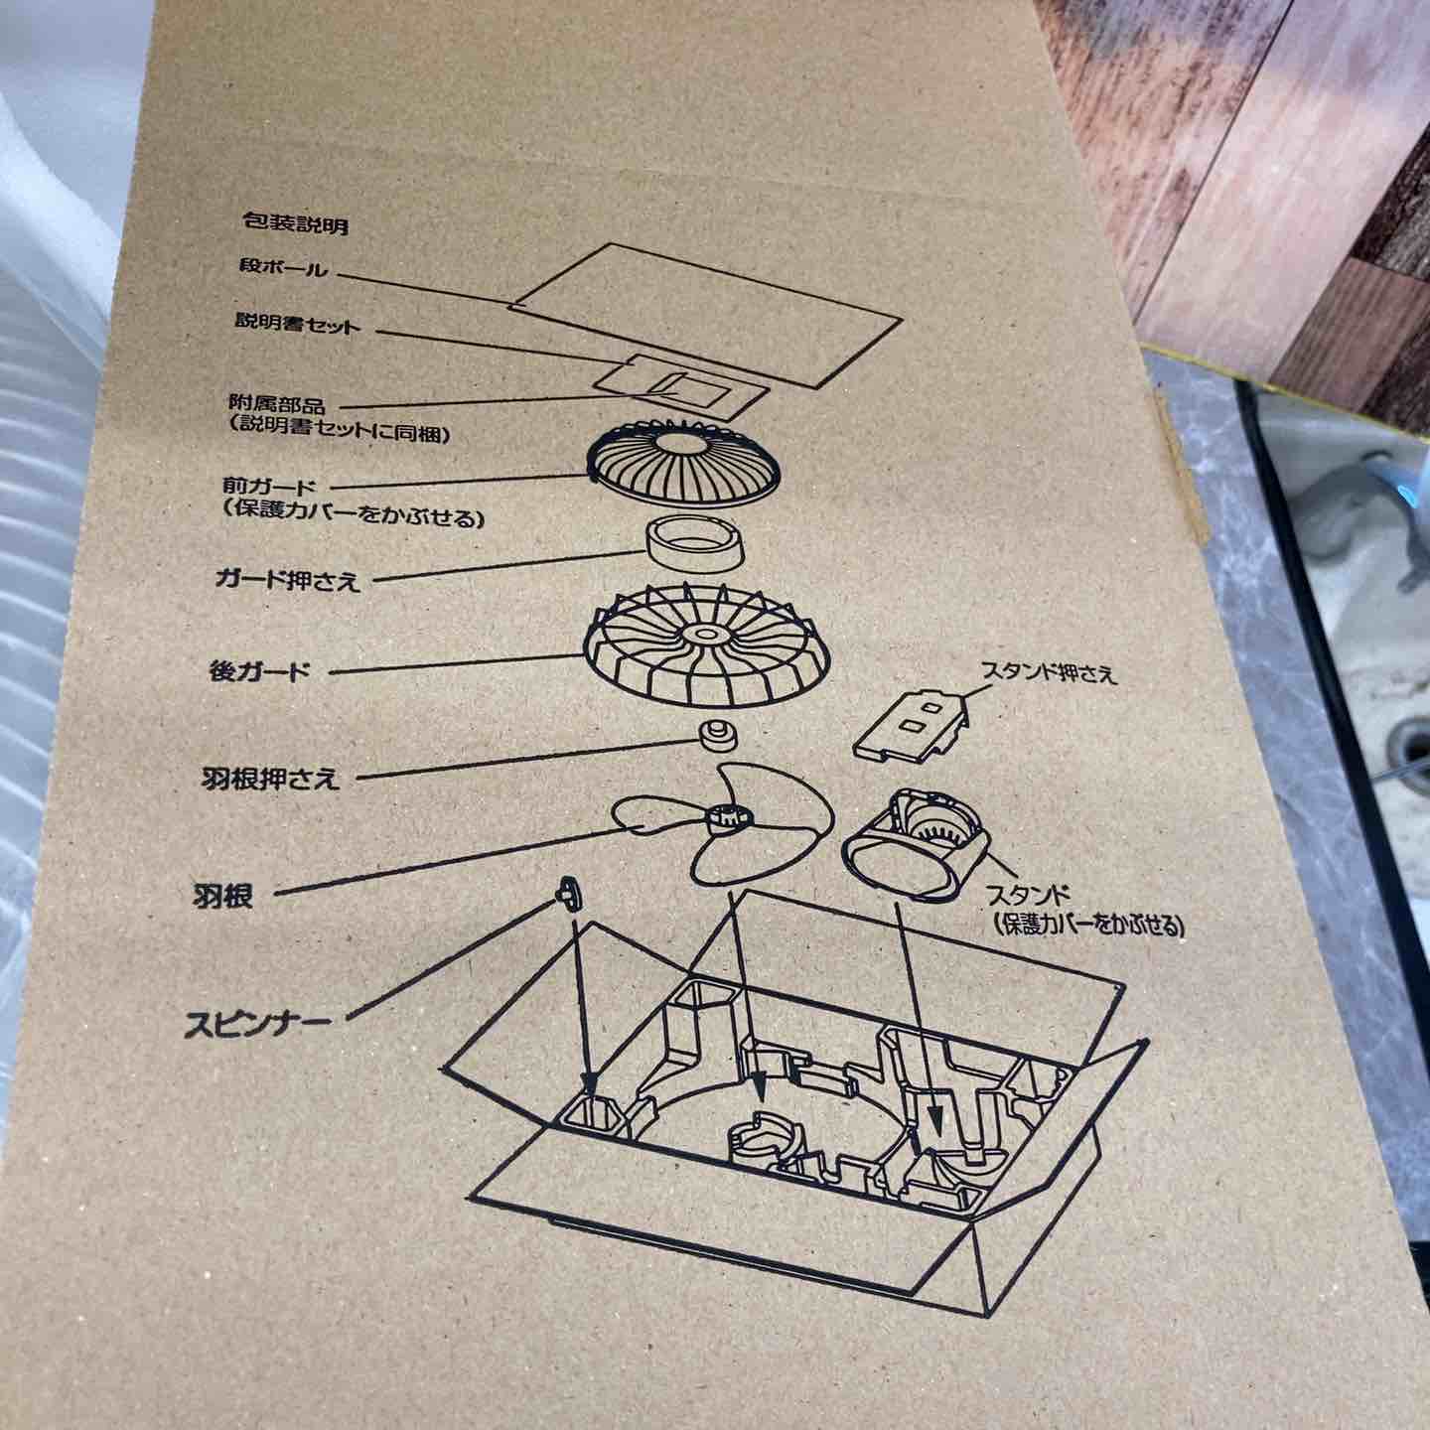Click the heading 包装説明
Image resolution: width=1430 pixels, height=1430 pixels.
click(295, 222)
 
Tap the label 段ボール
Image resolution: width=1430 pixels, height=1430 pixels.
click(283, 268)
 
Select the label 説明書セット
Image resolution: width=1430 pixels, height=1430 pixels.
click(297, 324)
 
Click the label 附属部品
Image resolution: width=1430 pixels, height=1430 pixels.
click(276, 405)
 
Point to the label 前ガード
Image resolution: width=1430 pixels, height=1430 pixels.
click(269, 488)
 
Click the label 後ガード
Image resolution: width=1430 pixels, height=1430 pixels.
click(257, 673)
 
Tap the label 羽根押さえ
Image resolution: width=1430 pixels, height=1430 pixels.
click(270, 779)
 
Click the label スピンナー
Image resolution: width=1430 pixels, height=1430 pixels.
click(257, 1026)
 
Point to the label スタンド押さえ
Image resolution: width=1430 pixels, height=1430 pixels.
click(1049, 674)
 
